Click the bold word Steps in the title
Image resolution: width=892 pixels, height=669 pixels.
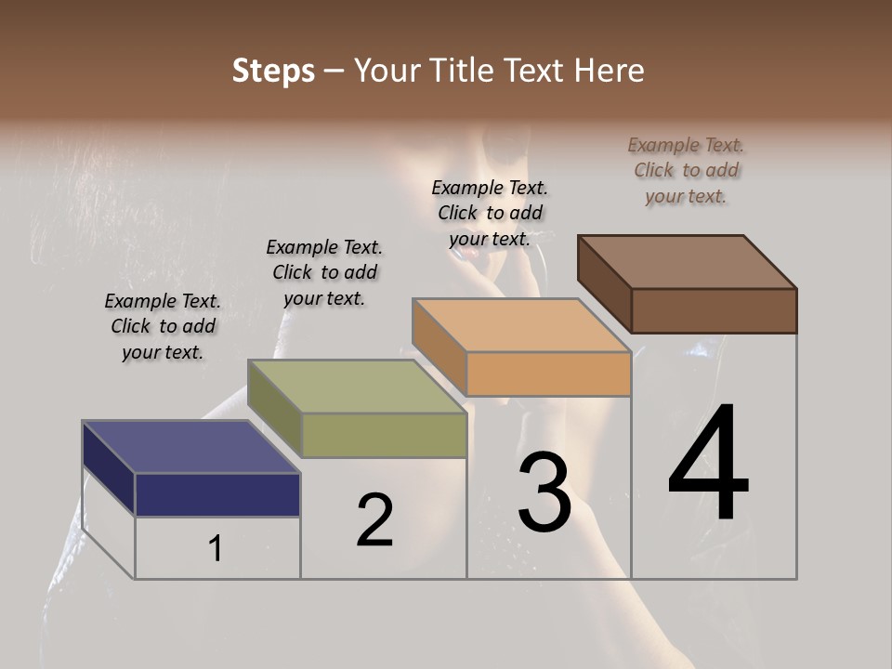pyautogui.click(x=273, y=71)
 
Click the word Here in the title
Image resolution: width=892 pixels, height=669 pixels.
pyautogui.click(x=610, y=71)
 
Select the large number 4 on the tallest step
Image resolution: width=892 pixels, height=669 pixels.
pyautogui.click(x=708, y=465)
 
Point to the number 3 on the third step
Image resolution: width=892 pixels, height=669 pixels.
pyautogui.click(x=544, y=492)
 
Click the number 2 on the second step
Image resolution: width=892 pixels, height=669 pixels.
pyautogui.click(x=375, y=521)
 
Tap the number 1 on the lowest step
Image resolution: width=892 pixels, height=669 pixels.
pyautogui.click(x=216, y=549)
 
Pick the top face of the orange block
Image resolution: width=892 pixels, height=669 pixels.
pyautogui.click(x=521, y=325)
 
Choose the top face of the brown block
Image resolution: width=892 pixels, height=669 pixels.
pyautogui.click(x=688, y=262)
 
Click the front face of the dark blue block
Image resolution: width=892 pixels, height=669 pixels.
pyautogui.click(x=218, y=494)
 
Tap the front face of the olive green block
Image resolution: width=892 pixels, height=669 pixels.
pyautogui.click(x=384, y=435)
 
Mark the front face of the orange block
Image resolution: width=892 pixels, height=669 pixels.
pyautogui.click(x=548, y=374)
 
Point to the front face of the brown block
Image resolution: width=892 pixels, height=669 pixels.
pyautogui.click(x=714, y=310)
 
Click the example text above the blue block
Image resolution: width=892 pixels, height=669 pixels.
pyautogui.click(x=163, y=326)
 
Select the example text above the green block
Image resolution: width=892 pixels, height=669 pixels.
pyautogui.click(x=324, y=272)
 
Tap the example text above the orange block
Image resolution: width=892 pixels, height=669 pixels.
pyautogui.click(x=490, y=213)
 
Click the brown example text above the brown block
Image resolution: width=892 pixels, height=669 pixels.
pyautogui.click(x=686, y=170)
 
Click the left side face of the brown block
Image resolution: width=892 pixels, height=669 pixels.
pyautogui.click(x=604, y=282)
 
